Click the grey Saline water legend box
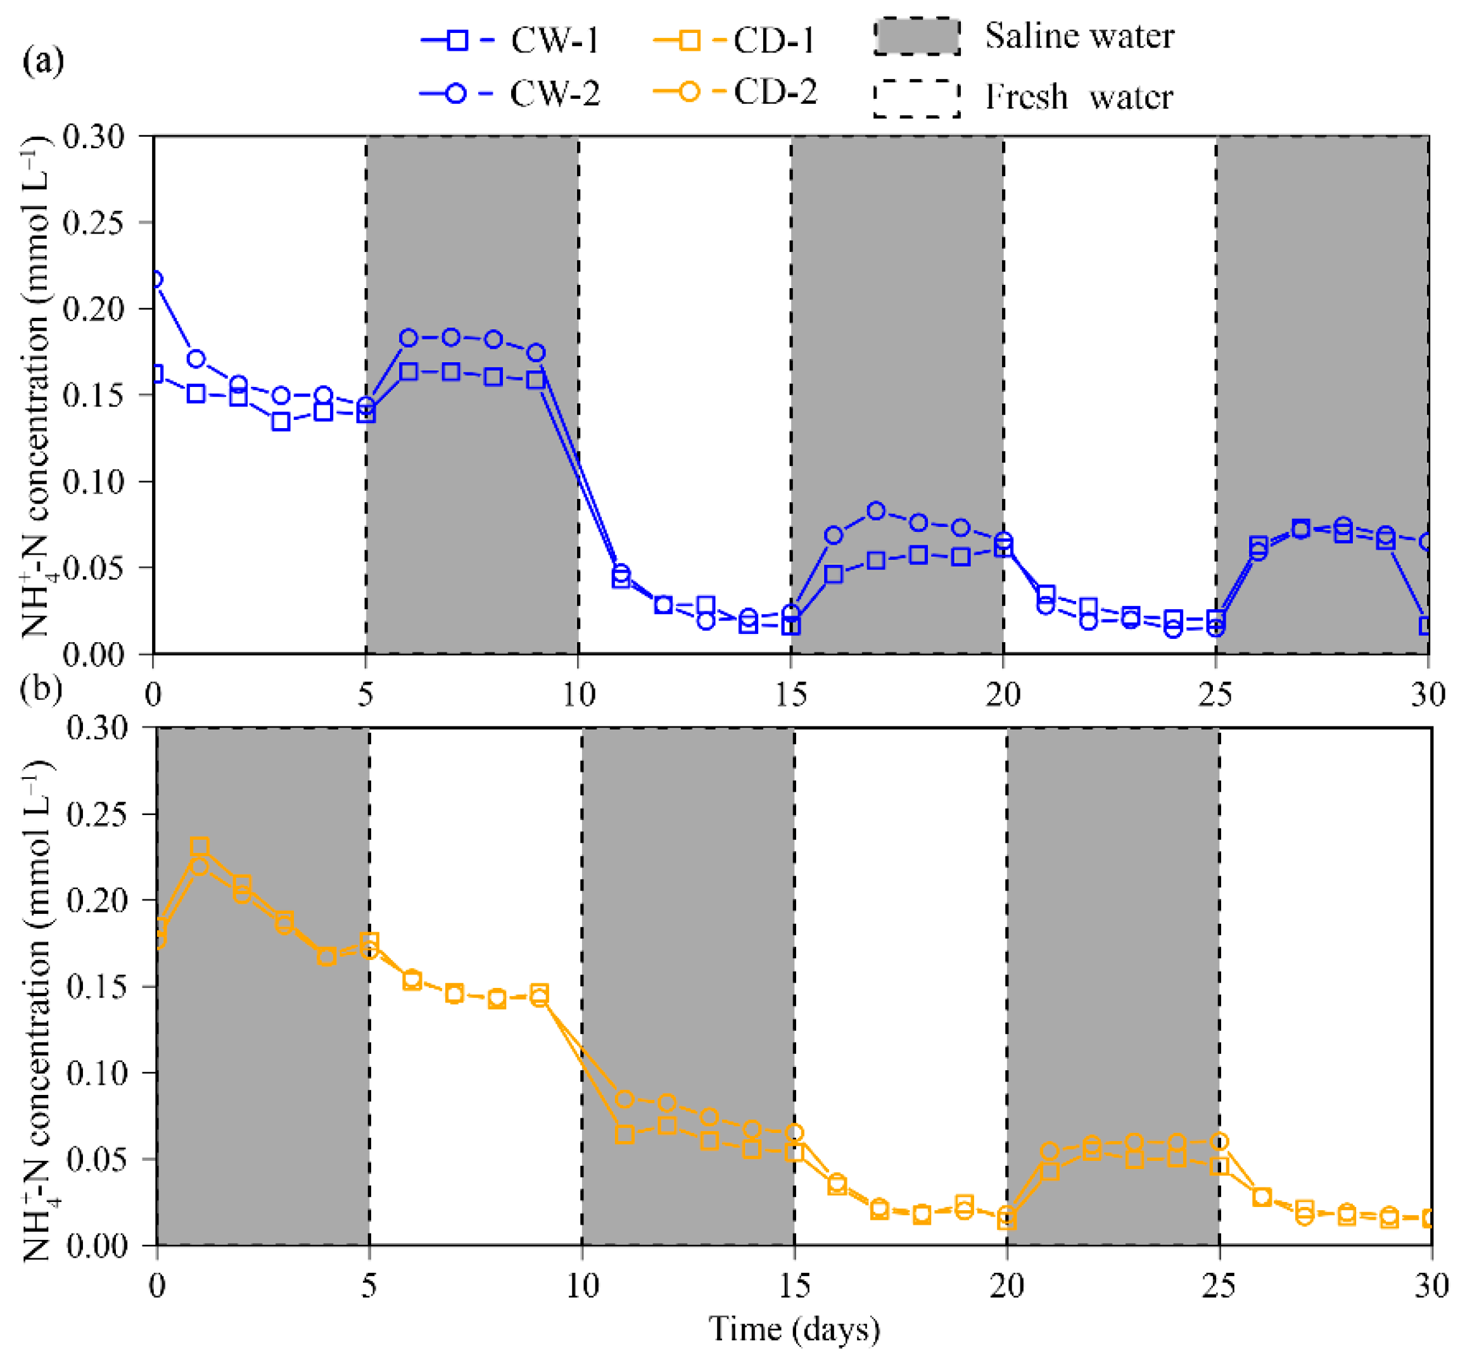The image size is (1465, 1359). click(x=916, y=37)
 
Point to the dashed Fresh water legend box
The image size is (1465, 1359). click(x=916, y=98)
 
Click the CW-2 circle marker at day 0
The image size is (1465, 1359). click(x=155, y=279)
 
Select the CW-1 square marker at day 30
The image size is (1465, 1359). click(x=1427, y=626)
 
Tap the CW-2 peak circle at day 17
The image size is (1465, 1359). click(x=875, y=510)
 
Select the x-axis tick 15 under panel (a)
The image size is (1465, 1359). click(x=790, y=695)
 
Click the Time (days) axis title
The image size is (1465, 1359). click(x=794, y=1329)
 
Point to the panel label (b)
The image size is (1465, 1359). click(x=41, y=689)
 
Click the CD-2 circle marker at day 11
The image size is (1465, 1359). click(x=625, y=1099)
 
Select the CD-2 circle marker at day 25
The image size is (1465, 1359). click(x=1219, y=1141)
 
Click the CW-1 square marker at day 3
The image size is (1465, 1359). click(x=280, y=422)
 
